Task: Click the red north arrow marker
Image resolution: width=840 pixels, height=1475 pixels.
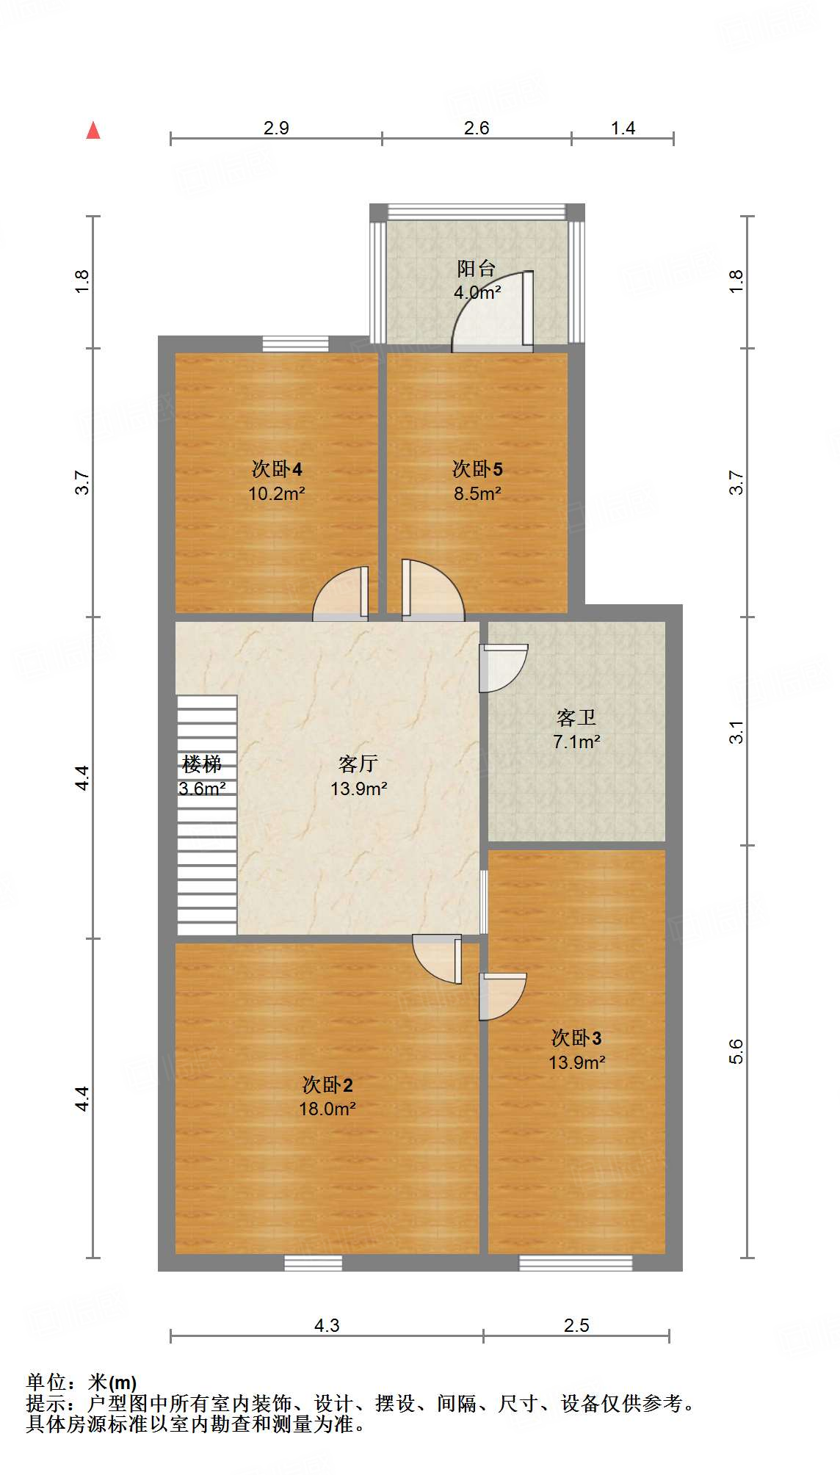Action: pos(93,131)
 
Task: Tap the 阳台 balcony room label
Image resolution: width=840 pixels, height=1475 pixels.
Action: pos(477,268)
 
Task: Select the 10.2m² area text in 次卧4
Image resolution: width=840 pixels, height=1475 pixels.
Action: pos(276,493)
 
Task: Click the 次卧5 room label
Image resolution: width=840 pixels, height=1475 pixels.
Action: pos(477,468)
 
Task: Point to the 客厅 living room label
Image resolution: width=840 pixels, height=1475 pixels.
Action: pos(358,764)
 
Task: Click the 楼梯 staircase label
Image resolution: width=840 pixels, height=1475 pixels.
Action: pos(202,764)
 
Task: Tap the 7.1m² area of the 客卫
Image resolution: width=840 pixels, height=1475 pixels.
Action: pos(576,742)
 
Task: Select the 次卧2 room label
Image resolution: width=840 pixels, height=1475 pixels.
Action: pos(327,1084)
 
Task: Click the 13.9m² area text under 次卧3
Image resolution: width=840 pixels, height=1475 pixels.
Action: pos(576,1062)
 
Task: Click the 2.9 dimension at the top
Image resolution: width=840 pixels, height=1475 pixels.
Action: pos(276,128)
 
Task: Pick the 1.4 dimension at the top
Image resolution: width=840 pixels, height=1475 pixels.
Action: pos(623,128)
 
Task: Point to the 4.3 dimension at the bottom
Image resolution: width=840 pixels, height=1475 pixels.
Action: pos(327,1324)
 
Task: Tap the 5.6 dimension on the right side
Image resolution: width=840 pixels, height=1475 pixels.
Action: pos(736,1051)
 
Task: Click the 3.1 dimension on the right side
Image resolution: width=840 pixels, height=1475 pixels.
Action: pos(736,731)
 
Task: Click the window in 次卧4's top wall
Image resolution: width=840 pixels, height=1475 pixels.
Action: pos(295,344)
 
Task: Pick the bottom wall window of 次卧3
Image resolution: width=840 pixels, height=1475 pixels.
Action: pos(576,1263)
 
